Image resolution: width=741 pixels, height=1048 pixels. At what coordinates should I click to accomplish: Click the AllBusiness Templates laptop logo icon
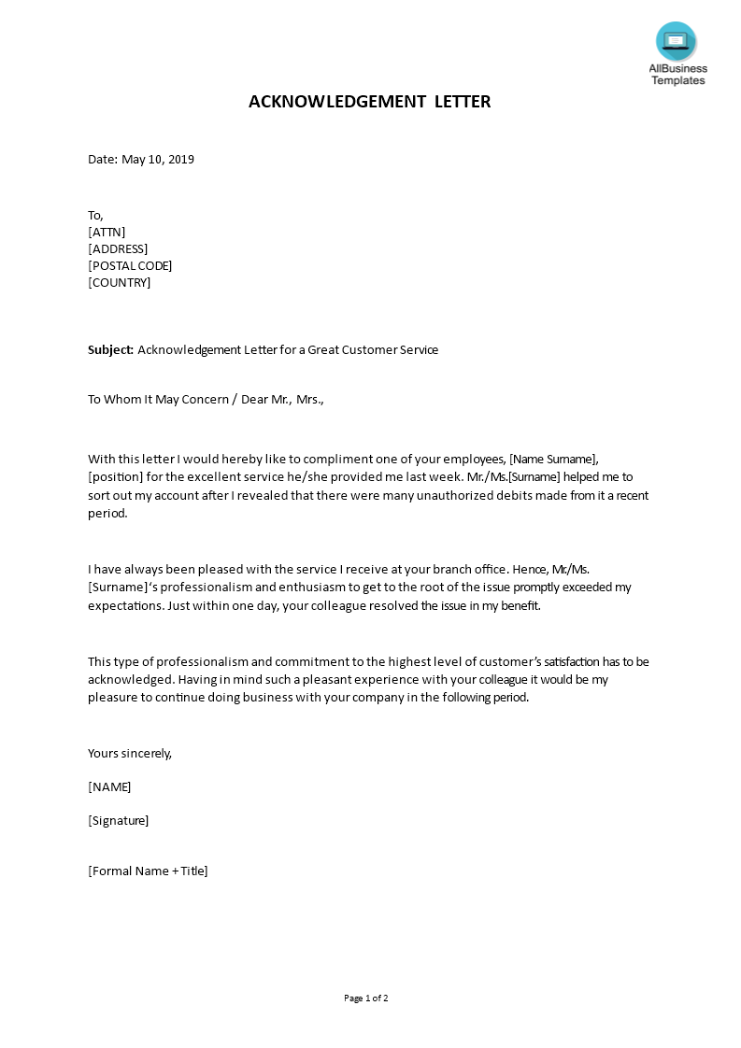676,41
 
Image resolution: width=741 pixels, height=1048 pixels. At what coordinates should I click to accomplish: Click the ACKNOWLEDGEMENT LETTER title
369,102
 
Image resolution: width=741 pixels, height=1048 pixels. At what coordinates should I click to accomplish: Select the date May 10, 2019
158,159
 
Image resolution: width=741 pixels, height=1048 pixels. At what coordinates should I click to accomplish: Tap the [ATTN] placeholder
107,232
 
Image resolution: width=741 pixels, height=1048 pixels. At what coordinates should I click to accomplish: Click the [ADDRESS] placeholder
118,248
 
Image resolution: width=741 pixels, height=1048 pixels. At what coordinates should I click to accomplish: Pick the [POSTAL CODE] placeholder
130,265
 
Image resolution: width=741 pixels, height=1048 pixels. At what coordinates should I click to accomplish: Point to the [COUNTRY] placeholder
119,282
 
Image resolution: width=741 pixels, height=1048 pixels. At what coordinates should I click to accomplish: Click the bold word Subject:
111,350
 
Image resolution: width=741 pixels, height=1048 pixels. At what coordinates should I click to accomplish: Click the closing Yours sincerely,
130,753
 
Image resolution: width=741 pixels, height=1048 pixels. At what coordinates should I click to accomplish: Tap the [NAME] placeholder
109,786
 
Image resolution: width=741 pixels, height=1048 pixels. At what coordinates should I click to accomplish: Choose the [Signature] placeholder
118,820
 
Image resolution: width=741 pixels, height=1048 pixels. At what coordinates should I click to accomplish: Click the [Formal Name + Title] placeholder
148,871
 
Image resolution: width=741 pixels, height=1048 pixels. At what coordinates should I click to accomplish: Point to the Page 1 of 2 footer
366,998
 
